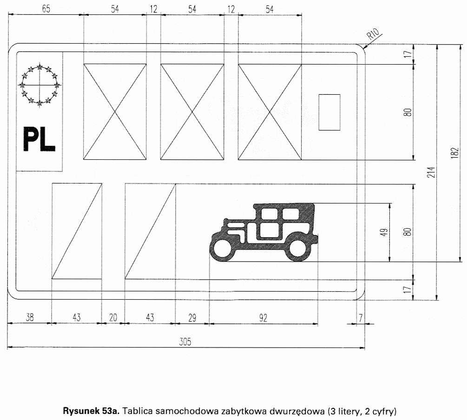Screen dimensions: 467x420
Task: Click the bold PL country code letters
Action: [39, 139]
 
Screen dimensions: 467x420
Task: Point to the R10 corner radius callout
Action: [373, 33]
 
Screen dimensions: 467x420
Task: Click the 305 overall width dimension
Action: [185, 341]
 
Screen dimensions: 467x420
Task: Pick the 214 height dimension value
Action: [431, 172]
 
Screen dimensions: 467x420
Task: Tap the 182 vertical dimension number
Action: [454, 153]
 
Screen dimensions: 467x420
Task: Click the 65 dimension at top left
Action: [46, 9]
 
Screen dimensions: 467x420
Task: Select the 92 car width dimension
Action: [263, 318]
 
